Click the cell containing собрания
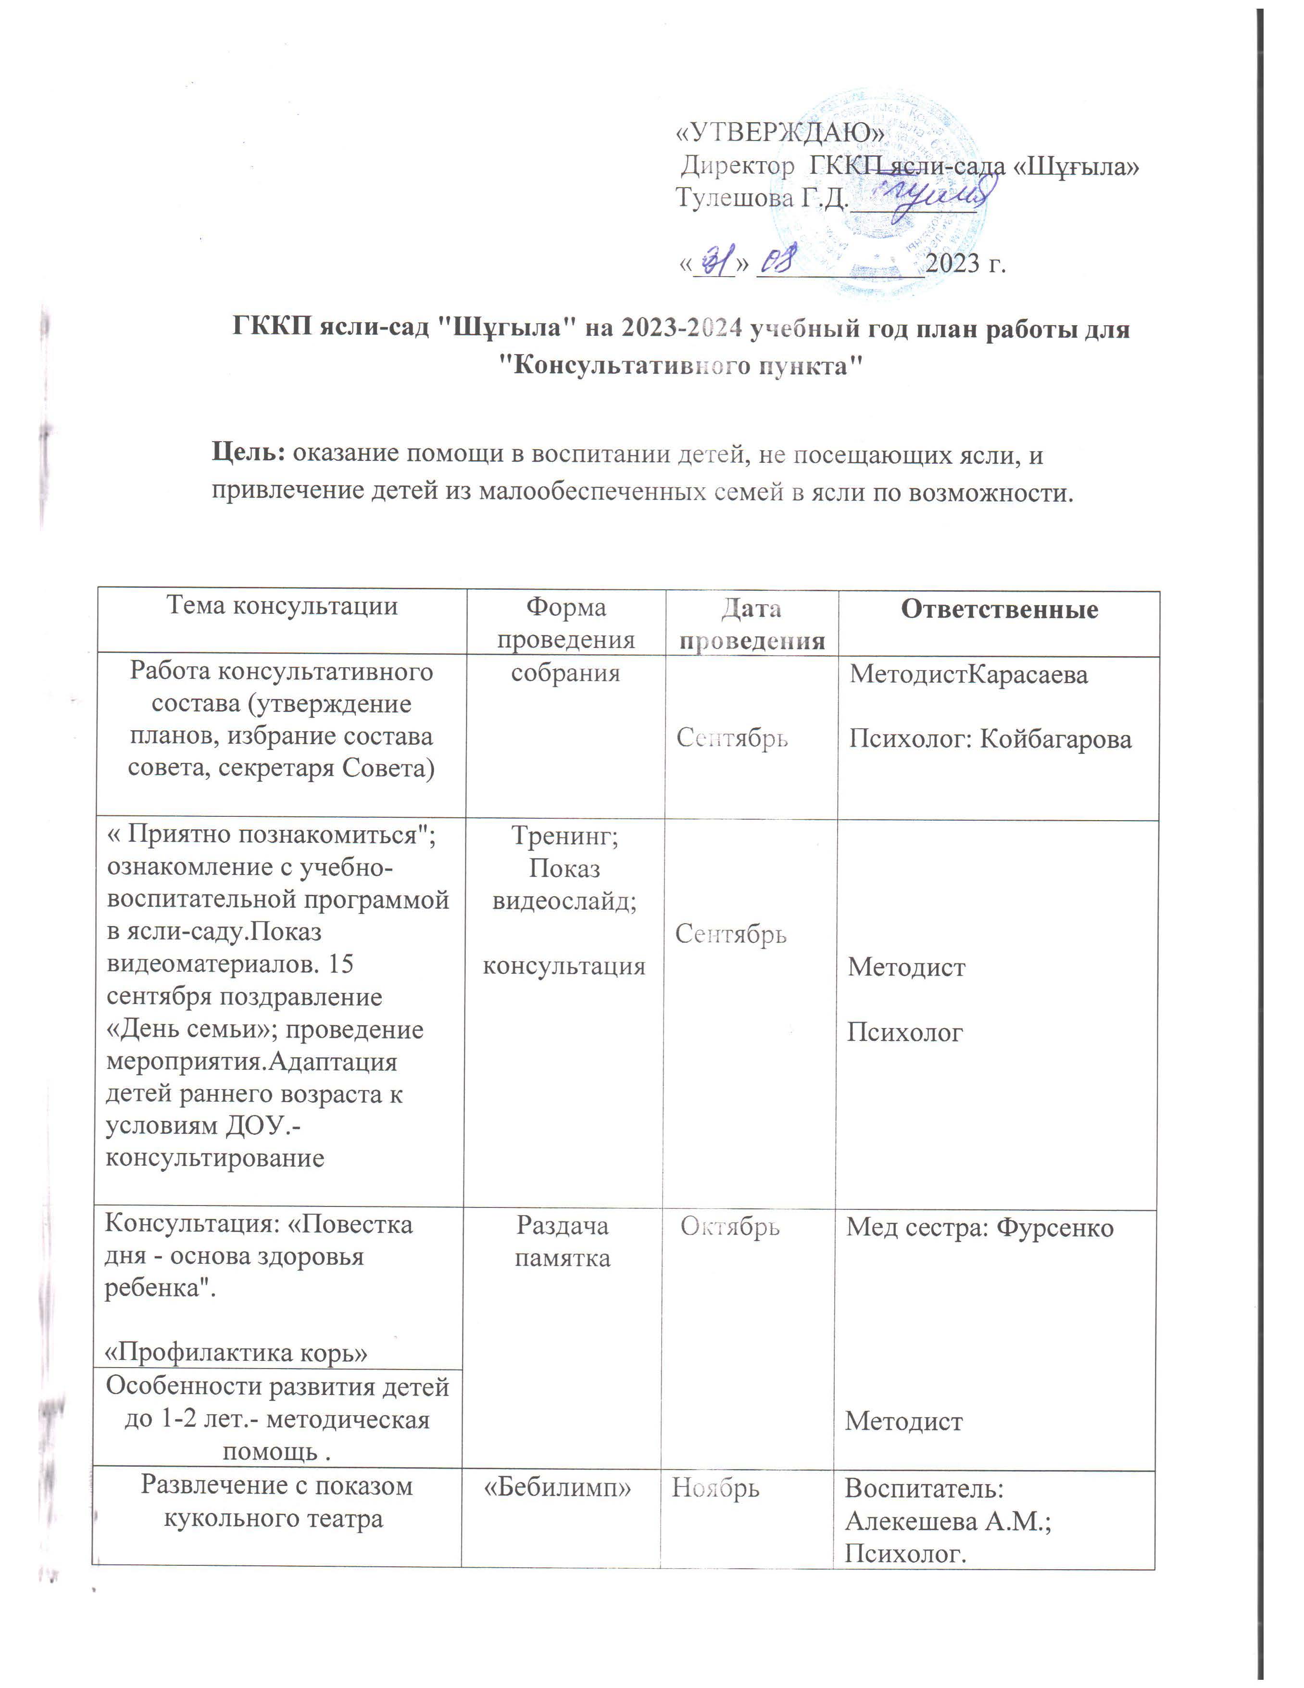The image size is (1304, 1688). [x=565, y=673]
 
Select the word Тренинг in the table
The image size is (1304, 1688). [x=564, y=836]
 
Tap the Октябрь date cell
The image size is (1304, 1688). [x=730, y=1227]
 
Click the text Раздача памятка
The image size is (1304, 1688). [x=563, y=1242]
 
